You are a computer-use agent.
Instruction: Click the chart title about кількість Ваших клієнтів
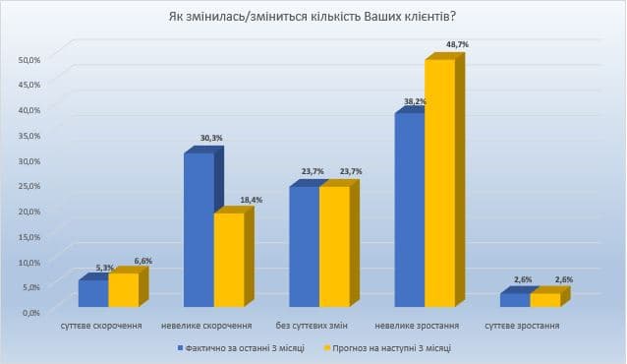click(x=313, y=17)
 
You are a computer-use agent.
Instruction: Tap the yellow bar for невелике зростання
click(x=444, y=180)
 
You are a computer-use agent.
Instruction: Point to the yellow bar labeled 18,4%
click(x=234, y=257)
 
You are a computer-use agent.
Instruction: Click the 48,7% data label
click(x=457, y=45)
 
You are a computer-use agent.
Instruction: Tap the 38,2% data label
click(x=415, y=101)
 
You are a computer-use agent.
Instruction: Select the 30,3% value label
click(x=211, y=138)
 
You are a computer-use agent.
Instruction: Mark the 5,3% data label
click(x=105, y=268)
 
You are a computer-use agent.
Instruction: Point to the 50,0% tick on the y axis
click(x=29, y=60)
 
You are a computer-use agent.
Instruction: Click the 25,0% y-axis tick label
click(x=29, y=186)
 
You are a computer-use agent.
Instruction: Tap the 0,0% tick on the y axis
click(x=31, y=312)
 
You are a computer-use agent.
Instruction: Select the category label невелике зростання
click(x=417, y=326)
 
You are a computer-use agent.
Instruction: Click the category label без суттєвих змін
click(x=312, y=326)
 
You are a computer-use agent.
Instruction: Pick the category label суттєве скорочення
click(x=101, y=326)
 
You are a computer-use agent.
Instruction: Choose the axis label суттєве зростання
click(x=522, y=326)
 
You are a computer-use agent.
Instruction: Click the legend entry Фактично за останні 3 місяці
click(x=241, y=348)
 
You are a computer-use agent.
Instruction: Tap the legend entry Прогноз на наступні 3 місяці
click(x=387, y=348)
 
